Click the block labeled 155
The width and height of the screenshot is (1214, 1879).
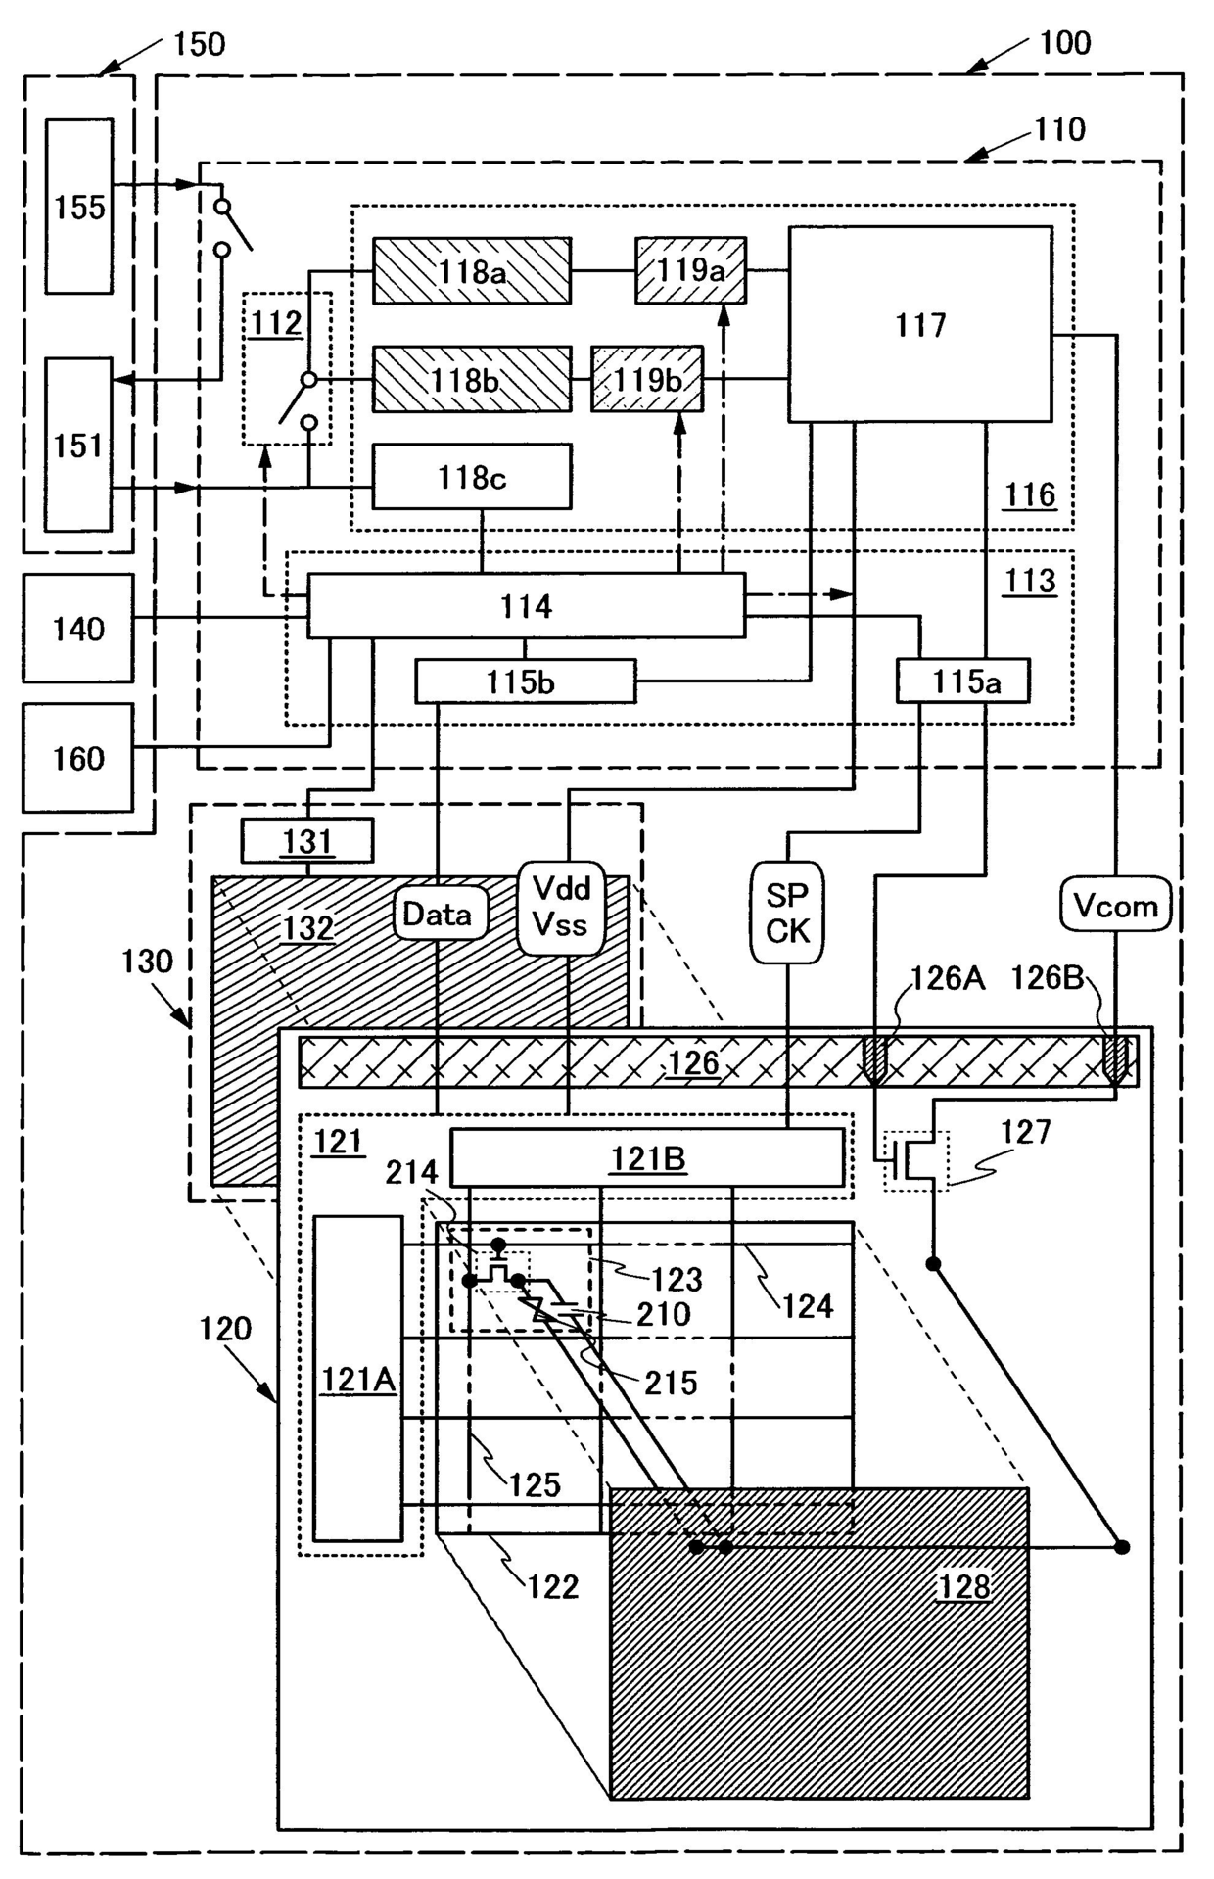tap(79, 207)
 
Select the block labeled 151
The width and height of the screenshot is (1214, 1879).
tap(78, 445)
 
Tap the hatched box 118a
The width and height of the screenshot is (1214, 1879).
tap(472, 270)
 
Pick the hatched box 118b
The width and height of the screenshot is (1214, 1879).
tap(472, 379)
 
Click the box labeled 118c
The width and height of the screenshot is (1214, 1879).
tap(472, 477)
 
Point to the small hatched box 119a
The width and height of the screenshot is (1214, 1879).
tap(690, 270)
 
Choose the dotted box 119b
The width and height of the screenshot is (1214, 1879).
tap(647, 379)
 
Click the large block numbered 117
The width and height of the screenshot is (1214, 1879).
tap(920, 325)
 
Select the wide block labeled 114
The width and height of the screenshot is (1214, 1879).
tap(527, 606)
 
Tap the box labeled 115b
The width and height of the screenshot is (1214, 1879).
tap(526, 681)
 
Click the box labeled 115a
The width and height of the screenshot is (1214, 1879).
tap(963, 681)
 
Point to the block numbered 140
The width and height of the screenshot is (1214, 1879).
tap(78, 628)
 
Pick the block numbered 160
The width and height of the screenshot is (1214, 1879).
tap(78, 758)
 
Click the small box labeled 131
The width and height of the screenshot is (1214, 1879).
tap(307, 840)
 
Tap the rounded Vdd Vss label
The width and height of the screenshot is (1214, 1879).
tap(561, 907)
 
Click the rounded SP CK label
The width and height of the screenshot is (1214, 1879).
tap(787, 913)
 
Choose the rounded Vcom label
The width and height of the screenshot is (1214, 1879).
tap(1116, 906)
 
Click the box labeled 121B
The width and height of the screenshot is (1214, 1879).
tap(647, 1157)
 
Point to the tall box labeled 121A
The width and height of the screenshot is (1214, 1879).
tap(358, 1379)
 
